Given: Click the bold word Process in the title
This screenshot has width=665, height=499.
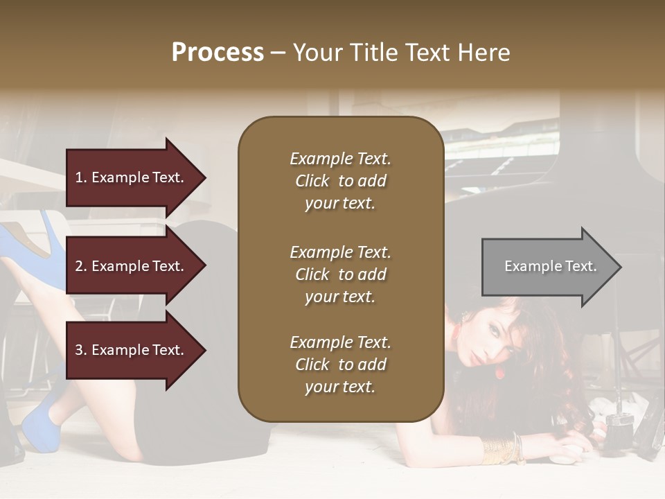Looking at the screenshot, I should [218, 53].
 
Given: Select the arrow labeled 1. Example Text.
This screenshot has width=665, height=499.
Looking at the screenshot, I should [135, 177].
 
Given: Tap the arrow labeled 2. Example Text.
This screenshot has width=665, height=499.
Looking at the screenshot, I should [135, 266].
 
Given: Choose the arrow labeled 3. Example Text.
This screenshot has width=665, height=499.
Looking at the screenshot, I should [135, 350].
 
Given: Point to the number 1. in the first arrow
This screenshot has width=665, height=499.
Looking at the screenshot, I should [81, 177].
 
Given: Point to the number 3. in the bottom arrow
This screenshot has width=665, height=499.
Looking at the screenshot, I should [81, 350].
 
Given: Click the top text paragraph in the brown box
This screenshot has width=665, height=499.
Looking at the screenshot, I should [340, 181].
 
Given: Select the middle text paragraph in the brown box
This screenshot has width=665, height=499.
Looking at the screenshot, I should [340, 274].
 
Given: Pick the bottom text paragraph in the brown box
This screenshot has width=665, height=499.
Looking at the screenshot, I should [340, 365].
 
